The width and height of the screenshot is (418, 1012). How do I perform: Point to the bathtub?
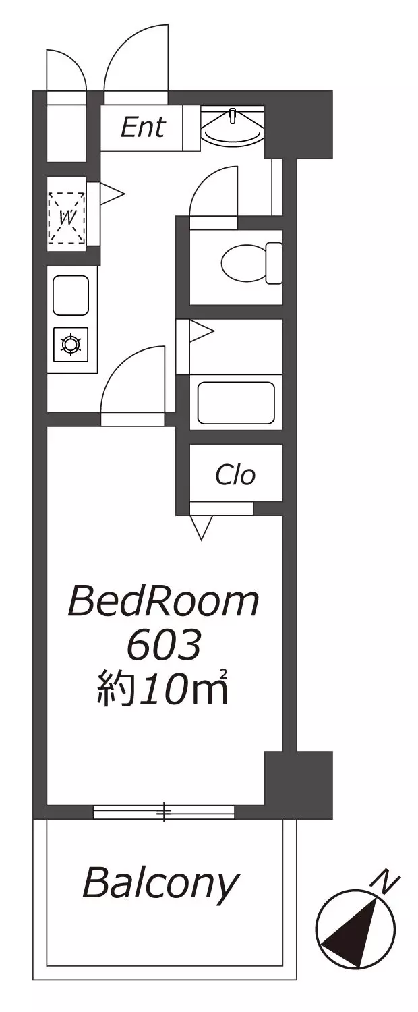236,403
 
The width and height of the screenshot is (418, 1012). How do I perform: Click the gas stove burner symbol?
71,345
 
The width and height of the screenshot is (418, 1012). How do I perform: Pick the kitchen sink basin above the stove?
71,295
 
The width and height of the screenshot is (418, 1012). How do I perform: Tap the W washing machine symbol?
67,218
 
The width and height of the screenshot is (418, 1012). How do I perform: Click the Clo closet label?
235,475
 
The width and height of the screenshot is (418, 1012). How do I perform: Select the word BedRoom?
164,601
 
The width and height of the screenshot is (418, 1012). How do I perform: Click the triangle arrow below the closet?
202,528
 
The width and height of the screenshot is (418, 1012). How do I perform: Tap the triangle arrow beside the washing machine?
112,194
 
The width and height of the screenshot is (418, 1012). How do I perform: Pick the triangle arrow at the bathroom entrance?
202,331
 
